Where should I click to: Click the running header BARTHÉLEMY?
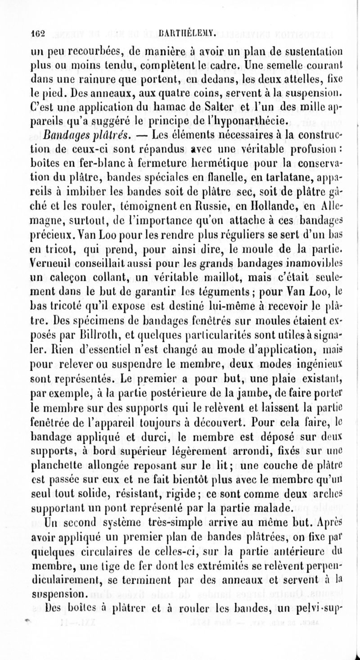pos(181,32)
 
